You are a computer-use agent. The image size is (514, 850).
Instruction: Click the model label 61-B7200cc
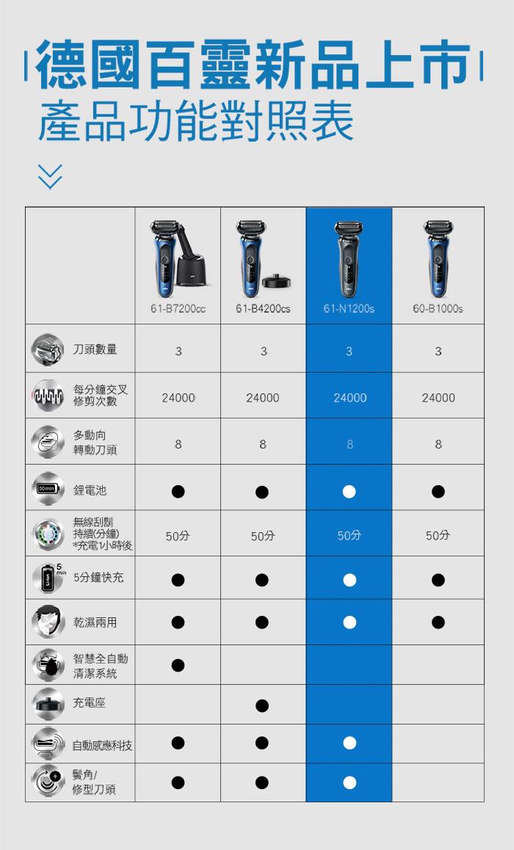pyautogui.click(x=178, y=308)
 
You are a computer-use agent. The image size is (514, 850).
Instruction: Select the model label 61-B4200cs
pyautogui.click(x=263, y=308)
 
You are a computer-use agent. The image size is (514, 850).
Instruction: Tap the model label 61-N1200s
pyautogui.click(x=349, y=308)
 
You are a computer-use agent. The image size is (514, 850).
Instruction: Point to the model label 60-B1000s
pyautogui.click(x=438, y=308)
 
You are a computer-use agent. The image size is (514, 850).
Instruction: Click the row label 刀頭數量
pyautogui.click(x=95, y=349)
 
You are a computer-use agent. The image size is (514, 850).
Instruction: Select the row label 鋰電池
pyautogui.click(x=90, y=490)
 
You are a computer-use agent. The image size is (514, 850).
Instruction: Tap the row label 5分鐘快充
pyautogui.click(x=98, y=578)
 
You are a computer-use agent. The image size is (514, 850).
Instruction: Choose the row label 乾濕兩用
pyautogui.click(x=95, y=622)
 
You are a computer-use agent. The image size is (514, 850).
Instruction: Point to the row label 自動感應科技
pyautogui.click(x=102, y=746)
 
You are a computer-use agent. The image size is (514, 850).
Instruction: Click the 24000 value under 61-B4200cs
pyautogui.click(x=262, y=398)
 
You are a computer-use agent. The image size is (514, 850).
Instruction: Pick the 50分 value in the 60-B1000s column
pyautogui.click(x=438, y=536)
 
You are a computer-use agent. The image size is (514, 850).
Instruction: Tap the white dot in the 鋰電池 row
pyautogui.click(x=350, y=491)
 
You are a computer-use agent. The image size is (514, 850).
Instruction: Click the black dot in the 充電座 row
pyautogui.click(x=262, y=705)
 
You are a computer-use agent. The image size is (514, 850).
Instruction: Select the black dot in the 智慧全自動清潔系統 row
pyautogui.click(x=178, y=664)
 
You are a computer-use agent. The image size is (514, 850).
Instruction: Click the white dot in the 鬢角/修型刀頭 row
pyautogui.click(x=350, y=782)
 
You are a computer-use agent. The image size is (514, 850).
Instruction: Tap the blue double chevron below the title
pyautogui.click(x=51, y=176)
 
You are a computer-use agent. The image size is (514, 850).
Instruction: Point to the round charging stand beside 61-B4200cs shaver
pyautogui.click(x=279, y=281)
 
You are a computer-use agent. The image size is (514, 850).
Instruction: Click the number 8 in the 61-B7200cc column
pyautogui.click(x=178, y=445)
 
